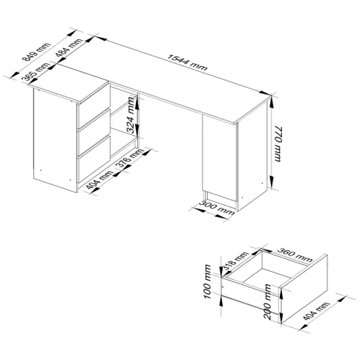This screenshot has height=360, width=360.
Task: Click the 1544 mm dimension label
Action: coord(187,62)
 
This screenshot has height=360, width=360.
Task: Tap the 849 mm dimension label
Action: coord(36,52)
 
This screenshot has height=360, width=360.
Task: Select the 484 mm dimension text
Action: coord(68,48)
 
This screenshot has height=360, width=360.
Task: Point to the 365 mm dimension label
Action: coord(36,72)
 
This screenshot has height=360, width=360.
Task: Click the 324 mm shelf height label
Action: coord(130,115)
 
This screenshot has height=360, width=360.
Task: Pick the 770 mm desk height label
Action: coord(278,144)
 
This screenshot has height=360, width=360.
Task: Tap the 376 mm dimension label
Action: coord(129,159)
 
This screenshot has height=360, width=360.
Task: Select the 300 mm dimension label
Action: coord(217,208)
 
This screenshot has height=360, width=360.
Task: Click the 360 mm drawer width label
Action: coord(295,255)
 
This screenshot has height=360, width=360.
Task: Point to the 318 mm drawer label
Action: coord(235,261)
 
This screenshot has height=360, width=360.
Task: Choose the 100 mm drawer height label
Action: coord(208,281)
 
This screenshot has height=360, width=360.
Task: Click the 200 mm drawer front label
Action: coord(267,301)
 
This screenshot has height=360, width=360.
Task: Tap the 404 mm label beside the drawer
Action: coord(316,311)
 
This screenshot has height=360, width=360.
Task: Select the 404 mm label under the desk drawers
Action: coord(99,180)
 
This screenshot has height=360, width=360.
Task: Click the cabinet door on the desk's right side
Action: coord(219,157)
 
